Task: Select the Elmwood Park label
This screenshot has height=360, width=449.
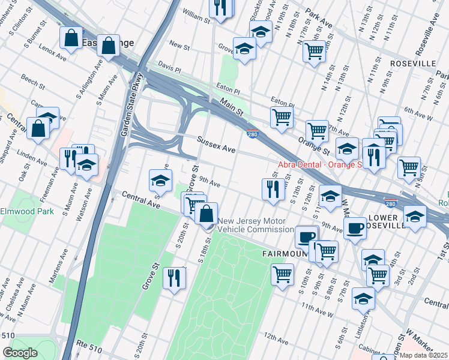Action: click(27, 211)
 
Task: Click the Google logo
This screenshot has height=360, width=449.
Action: click(20, 353)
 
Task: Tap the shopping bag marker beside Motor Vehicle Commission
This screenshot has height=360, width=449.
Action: click(206, 213)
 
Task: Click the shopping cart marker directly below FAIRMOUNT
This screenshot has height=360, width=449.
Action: click(282, 275)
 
